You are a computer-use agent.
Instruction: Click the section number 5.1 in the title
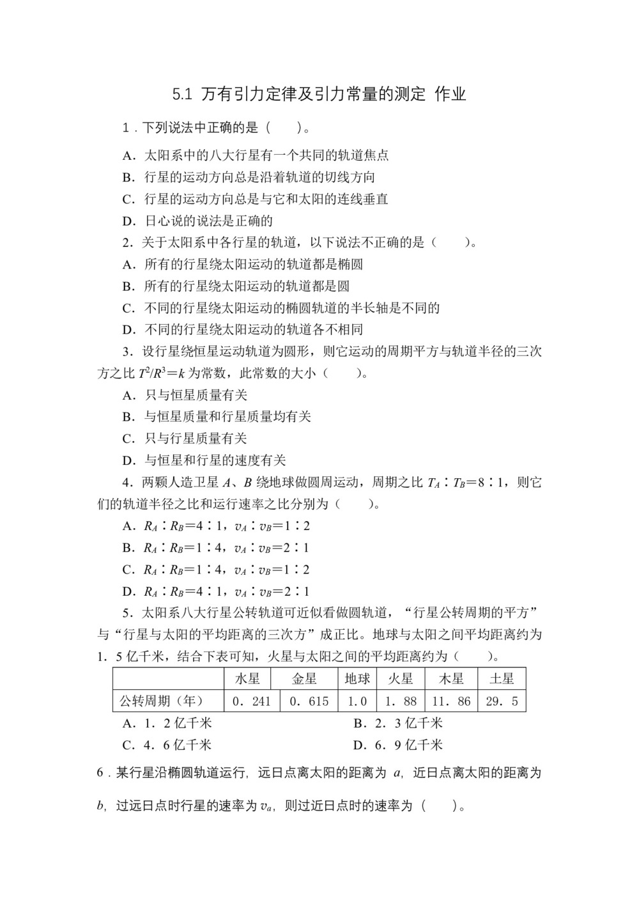pyautogui.click(x=182, y=95)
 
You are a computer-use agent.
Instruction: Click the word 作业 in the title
pyautogui.click(x=450, y=95)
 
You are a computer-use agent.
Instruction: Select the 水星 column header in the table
pyautogui.click(x=247, y=679)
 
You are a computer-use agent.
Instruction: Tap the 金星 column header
pyautogui.click(x=305, y=679)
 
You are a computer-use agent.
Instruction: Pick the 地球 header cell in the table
pyautogui.click(x=357, y=679)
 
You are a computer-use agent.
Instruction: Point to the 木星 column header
pyautogui.click(x=451, y=679)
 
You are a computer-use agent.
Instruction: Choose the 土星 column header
pyautogui.click(x=502, y=679)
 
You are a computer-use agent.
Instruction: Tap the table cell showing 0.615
pyautogui.click(x=309, y=701)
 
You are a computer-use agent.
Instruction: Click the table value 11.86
pyautogui.click(x=451, y=701)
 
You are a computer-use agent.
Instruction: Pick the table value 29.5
pyautogui.click(x=502, y=701)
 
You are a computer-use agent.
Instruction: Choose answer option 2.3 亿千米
pyautogui.click(x=398, y=723)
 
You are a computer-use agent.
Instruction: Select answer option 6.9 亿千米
pyautogui.click(x=398, y=745)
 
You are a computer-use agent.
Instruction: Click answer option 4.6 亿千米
pyautogui.click(x=167, y=745)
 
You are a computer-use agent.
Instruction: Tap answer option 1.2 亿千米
pyautogui.click(x=167, y=723)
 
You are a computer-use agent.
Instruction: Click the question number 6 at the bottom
pyautogui.click(x=100, y=773)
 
